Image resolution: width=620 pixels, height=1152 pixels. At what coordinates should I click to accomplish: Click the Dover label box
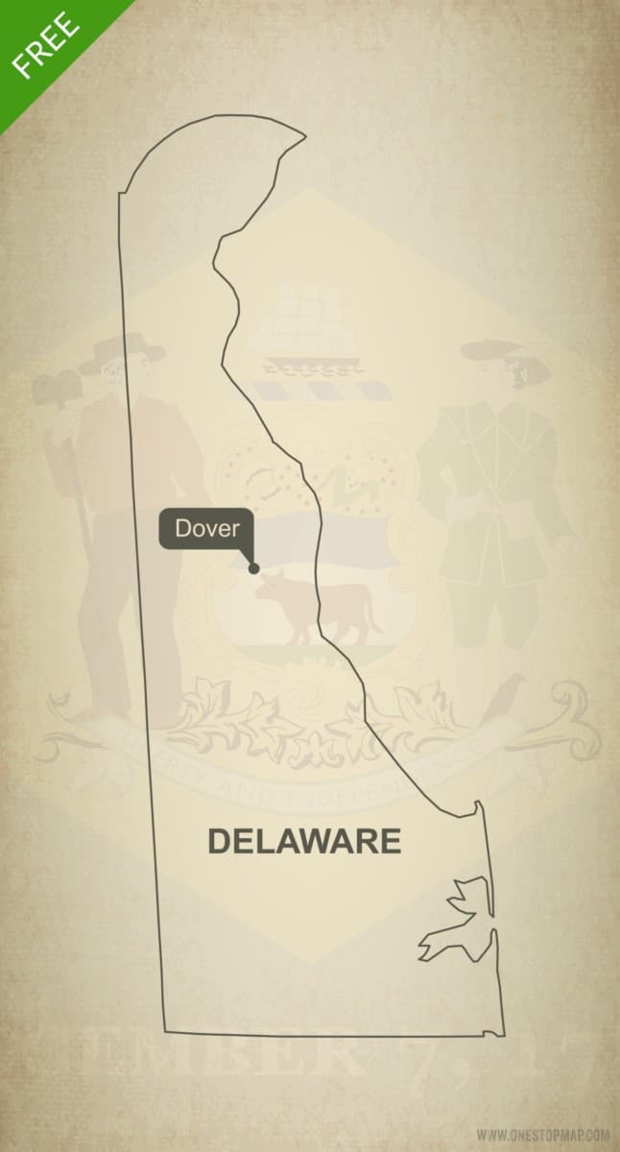click(x=207, y=528)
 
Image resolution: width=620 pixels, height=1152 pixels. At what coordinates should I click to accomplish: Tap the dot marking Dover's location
click(x=253, y=568)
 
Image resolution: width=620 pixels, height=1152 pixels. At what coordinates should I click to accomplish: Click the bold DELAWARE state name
click(x=304, y=841)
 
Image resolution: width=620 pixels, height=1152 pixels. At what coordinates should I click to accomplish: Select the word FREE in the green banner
click(x=46, y=45)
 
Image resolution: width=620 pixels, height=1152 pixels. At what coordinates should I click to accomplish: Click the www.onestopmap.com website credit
click(x=542, y=1134)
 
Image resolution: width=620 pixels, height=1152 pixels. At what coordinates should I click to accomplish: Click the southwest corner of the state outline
click(x=165, y=1031)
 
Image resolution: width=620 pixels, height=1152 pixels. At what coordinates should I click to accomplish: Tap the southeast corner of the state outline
click(x=503, y=1034)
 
